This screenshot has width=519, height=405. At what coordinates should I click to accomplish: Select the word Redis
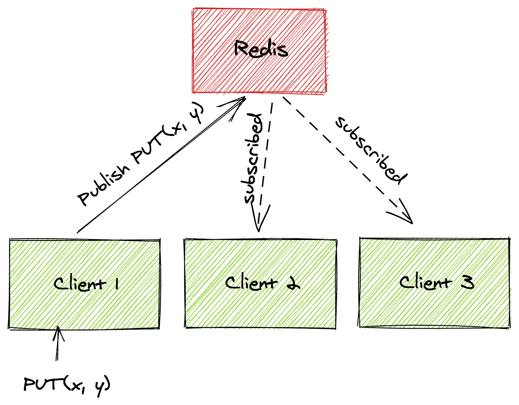pos(261,48)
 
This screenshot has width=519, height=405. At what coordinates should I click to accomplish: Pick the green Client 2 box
pos(260,306)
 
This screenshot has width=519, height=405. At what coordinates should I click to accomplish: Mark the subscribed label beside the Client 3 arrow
pos(371,150)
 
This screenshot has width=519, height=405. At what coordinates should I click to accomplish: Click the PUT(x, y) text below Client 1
pos(67,383)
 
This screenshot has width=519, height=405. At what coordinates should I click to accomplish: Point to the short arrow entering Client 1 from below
pos(58,343)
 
